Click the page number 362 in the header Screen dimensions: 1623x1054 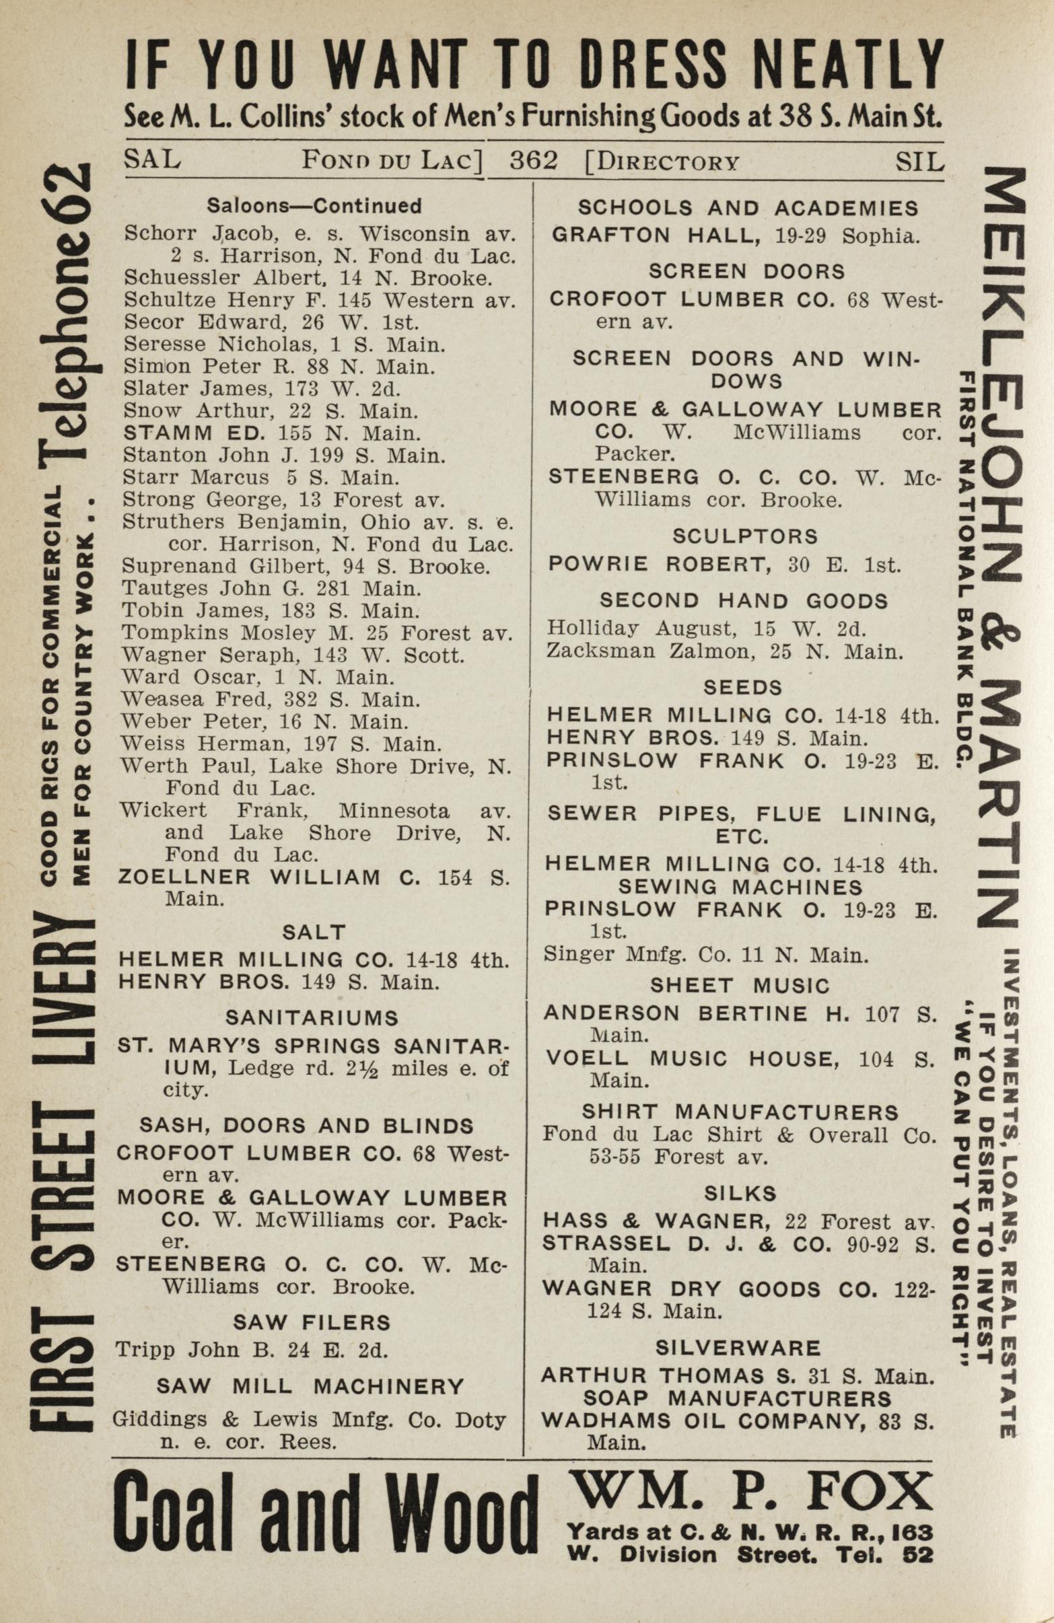point(534,161)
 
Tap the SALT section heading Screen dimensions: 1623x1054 point(314,931)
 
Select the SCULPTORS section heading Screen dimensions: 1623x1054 point(744,537)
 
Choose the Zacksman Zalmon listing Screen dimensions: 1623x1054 point(724,652)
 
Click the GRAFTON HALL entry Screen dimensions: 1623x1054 point(736,236)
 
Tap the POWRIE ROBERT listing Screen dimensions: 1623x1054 point(724,565)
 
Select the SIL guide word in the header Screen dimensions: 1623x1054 point(919,161)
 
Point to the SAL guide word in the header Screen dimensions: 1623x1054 point(152,160)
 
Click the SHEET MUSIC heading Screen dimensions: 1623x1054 point(740,985)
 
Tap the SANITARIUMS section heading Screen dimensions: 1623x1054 point(312,1018)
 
